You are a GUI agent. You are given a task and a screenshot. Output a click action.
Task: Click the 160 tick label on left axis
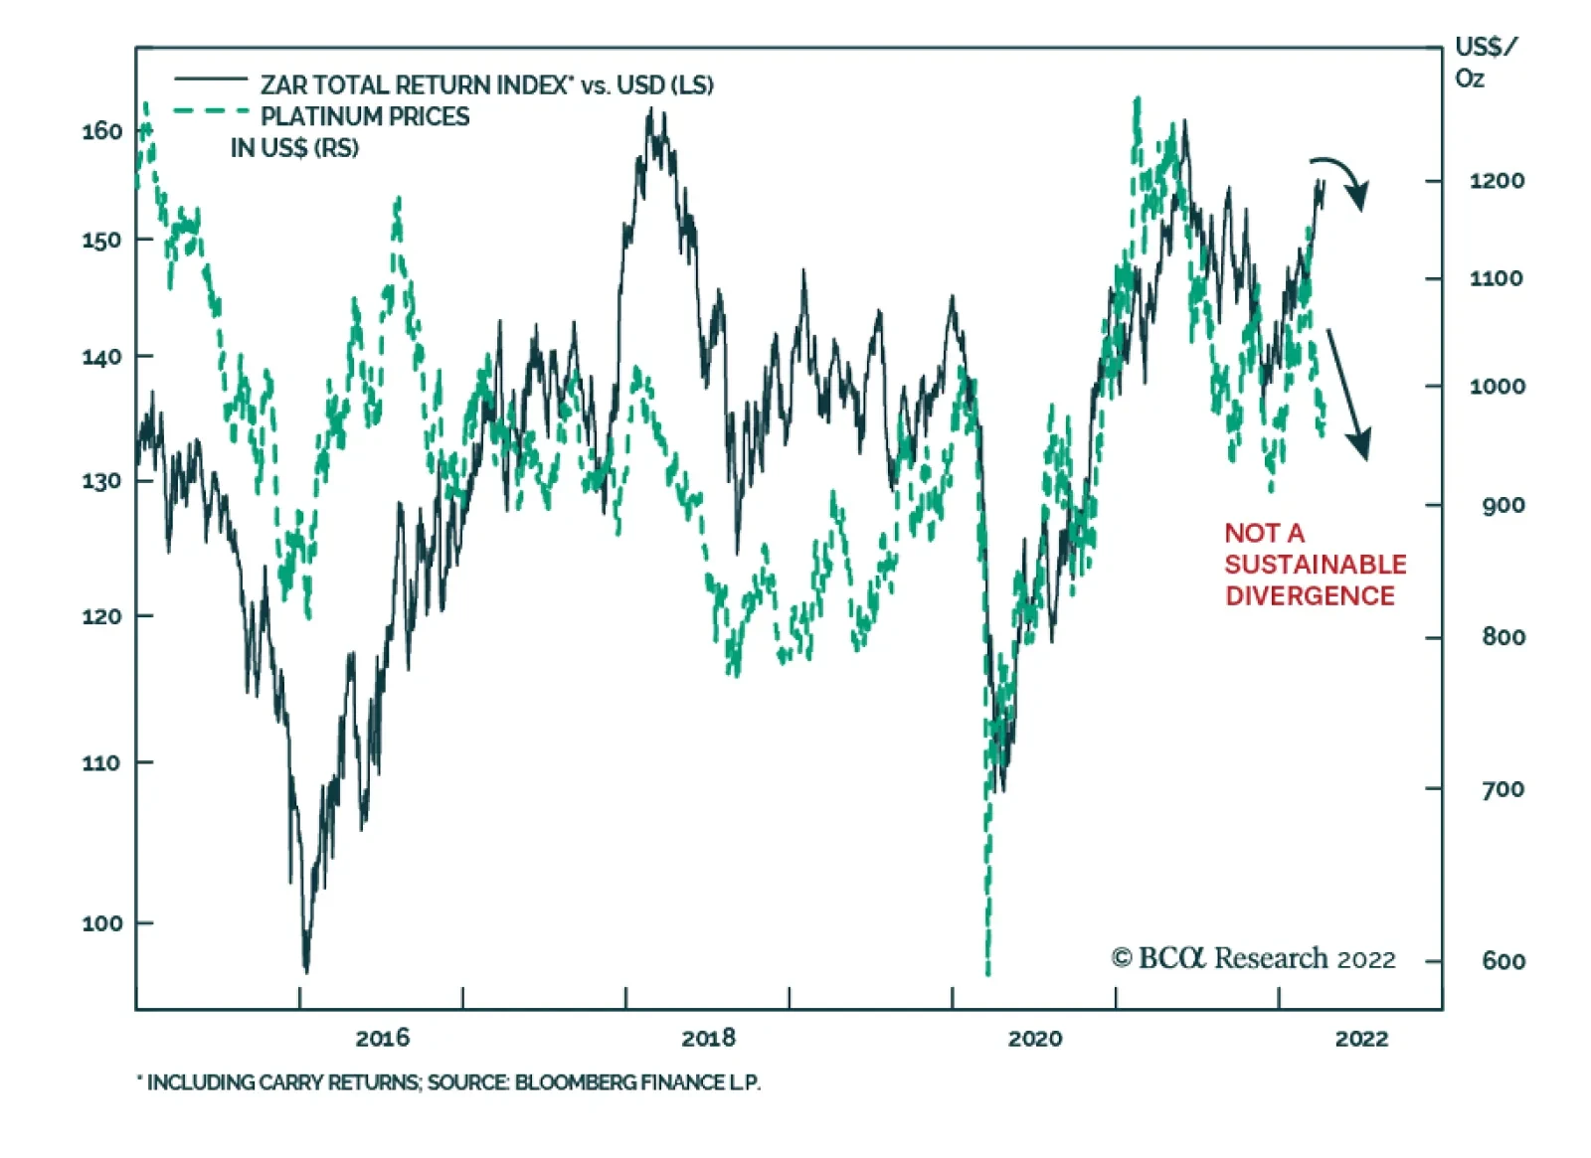(101, 131)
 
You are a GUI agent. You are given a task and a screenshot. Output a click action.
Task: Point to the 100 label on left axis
(101, 923)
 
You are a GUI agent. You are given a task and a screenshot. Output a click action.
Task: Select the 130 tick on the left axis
(101, 481)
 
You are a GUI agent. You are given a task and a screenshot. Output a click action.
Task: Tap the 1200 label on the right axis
(1497, 181)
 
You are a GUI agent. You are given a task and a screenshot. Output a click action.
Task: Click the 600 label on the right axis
(1503, 961)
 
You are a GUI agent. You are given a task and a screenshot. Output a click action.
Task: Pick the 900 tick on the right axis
(1503, 505)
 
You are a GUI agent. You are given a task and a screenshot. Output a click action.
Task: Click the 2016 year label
(382, 1039)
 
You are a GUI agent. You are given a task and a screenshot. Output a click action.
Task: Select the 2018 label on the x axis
(708, 1039)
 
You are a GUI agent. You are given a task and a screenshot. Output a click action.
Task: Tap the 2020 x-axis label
(1034, 1039)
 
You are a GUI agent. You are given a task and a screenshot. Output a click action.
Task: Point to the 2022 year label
(1360, 1039)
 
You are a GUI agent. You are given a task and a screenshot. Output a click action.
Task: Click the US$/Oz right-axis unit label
(1485, 62)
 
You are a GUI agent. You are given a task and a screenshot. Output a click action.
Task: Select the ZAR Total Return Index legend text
(486, 85)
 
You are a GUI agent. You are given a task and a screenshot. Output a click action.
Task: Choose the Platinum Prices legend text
(364, 116)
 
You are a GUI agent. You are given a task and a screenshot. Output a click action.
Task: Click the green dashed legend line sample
(210, 110)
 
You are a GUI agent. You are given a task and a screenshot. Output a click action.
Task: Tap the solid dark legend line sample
(210, 79)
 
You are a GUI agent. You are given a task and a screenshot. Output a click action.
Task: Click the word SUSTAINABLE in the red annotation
(1315, 565)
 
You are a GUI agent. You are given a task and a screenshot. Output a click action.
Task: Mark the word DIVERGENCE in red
(1310, 595)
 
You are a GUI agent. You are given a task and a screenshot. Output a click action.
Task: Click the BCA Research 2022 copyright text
(1253, 958)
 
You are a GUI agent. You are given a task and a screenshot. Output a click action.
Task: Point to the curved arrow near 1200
(1342, 179)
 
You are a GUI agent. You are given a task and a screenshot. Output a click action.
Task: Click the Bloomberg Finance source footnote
(448, 1082)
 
